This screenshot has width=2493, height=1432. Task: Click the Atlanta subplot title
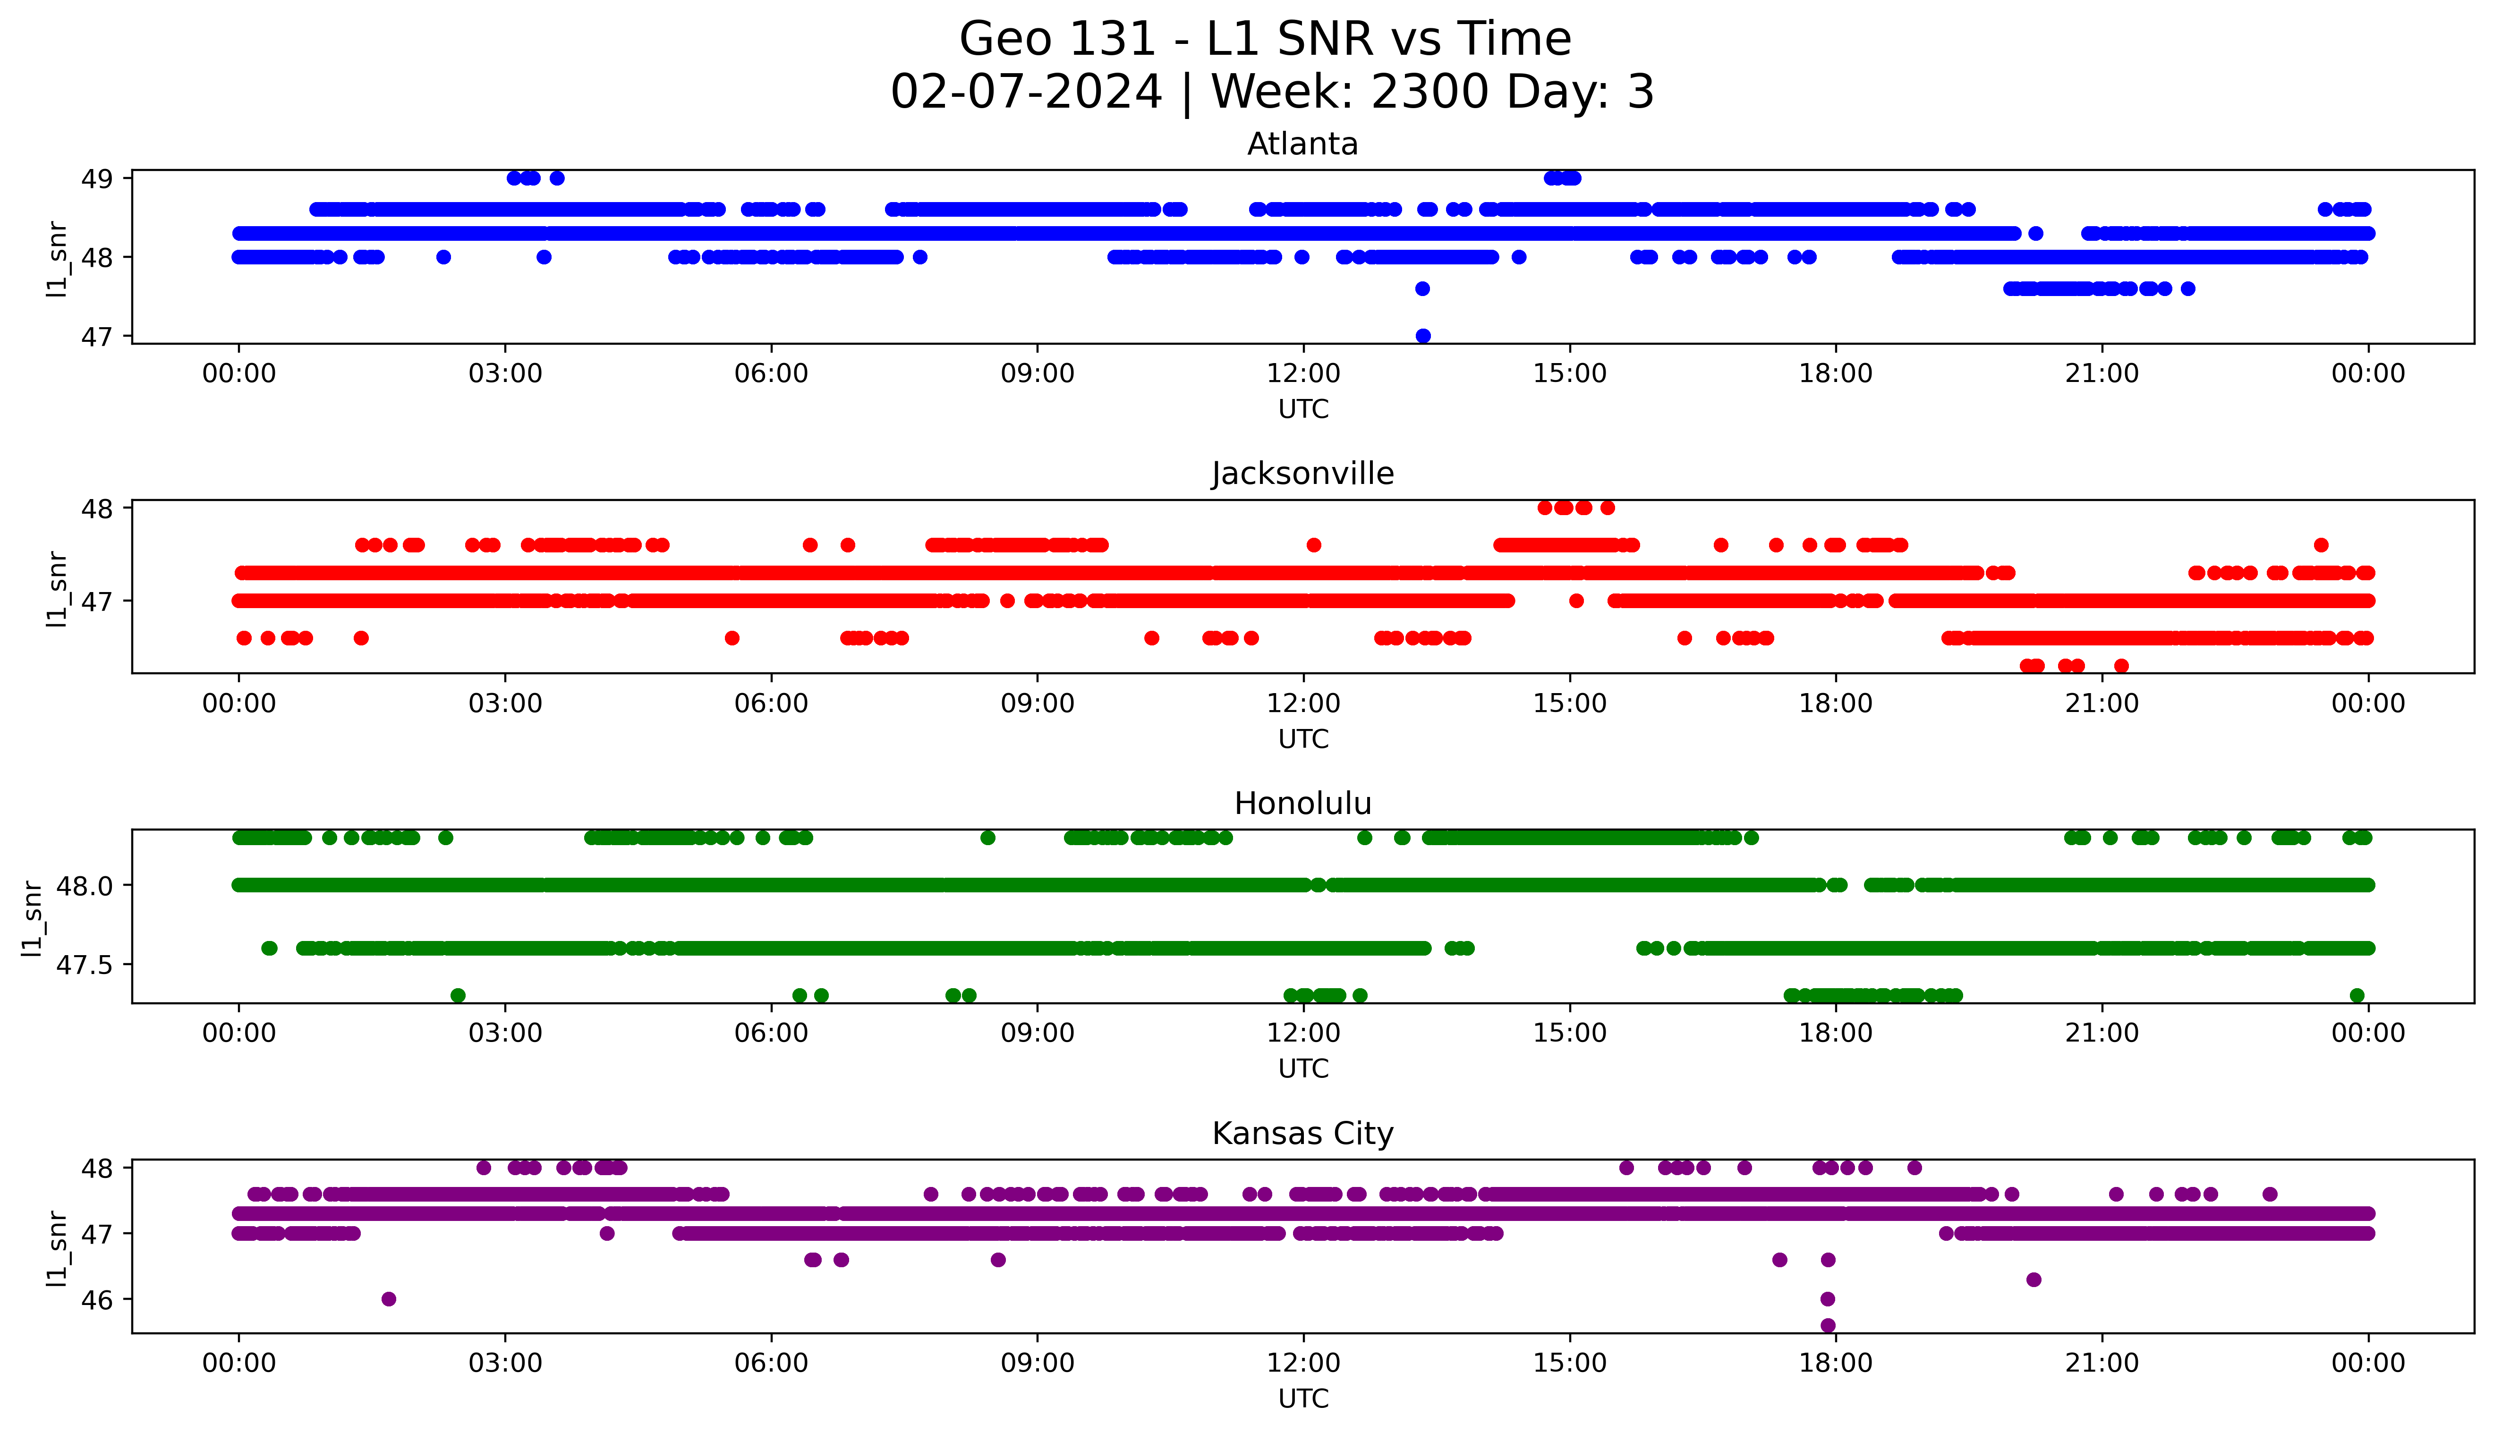point(1302,144)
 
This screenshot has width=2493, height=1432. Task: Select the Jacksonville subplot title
point(1302,474)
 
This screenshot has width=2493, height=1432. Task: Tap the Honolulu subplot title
point(1302,804)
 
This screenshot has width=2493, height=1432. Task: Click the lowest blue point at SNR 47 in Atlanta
point(1422,335)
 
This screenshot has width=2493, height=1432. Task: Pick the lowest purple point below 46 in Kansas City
point(1827,1325)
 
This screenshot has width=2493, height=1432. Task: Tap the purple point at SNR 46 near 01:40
point(389,1298)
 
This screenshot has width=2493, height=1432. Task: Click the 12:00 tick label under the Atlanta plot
point(1303,374)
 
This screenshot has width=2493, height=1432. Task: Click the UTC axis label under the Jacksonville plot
point(1303,738)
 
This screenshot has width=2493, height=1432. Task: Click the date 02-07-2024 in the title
point(1026,93)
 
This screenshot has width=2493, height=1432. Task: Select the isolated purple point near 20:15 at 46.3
point(2034,1279)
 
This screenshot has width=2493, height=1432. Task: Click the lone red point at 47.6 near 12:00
point(1313,545)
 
